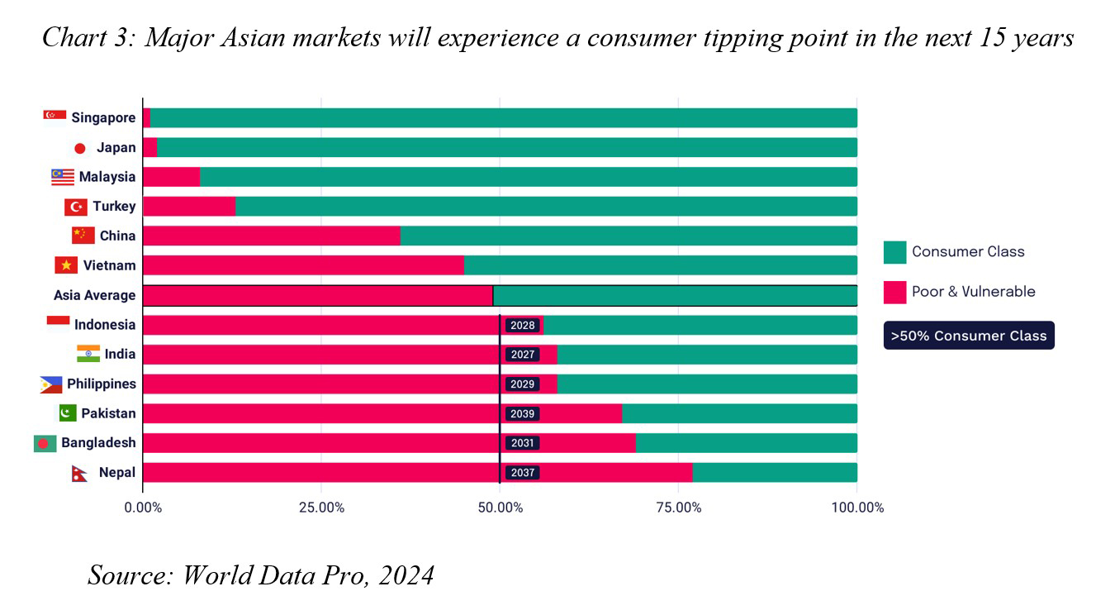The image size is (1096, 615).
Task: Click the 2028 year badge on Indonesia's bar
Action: click(522, 326)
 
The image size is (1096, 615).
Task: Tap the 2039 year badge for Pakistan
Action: click(522, 414)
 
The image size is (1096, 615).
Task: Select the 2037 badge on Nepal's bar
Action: click(522, 473)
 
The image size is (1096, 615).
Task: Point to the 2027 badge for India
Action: click(522, 355)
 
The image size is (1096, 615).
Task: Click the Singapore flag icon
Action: click(55, 115)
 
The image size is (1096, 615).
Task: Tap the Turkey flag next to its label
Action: click(76, 207)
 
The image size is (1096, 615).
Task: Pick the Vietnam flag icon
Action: click(66, 265)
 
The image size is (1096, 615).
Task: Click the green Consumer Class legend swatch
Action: click(894, 252)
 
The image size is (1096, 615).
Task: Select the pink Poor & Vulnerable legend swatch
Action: click(894, 292)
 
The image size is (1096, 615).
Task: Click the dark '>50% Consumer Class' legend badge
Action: click(968, 336)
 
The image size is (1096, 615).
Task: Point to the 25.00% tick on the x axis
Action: click(320, 508)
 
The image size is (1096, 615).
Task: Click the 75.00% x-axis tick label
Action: click(678, 508)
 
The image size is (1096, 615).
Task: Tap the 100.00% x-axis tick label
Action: click(856, 508)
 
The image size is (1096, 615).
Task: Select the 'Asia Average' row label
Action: click(94, 295)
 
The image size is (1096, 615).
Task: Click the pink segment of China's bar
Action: click(271, 236)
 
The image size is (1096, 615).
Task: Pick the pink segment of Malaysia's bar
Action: click(171, 177)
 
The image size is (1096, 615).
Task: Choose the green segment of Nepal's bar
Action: click(775, 473)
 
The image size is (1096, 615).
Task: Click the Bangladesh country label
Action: click(97, 443)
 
